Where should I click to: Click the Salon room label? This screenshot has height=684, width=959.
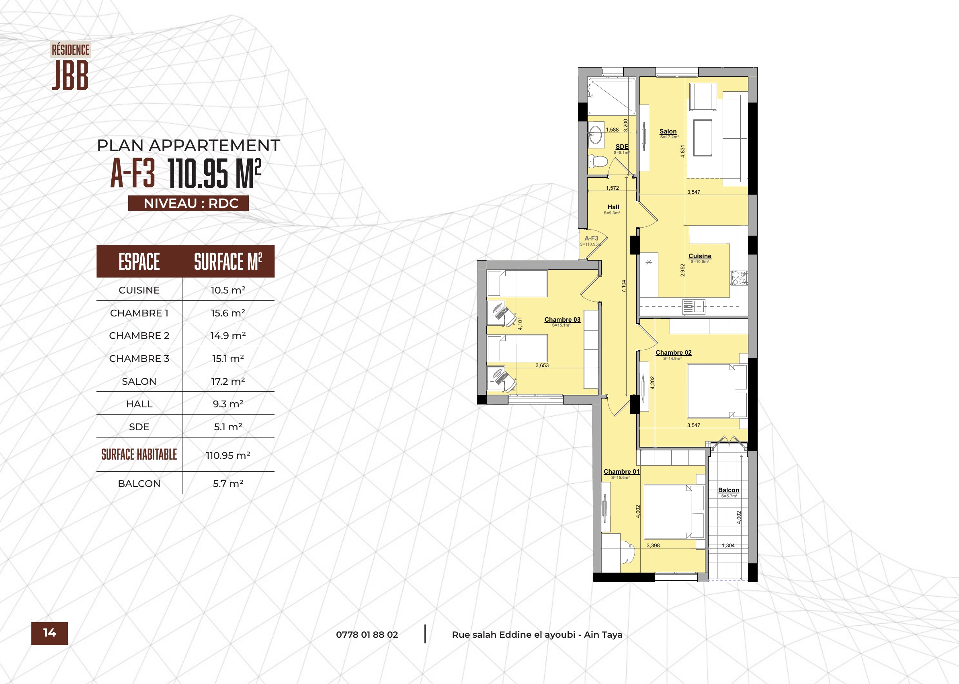668,131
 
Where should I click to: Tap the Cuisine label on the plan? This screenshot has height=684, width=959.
700,256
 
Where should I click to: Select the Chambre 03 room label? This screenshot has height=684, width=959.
562,320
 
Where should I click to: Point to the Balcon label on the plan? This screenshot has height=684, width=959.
729,490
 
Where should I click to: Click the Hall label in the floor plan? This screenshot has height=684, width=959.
613,207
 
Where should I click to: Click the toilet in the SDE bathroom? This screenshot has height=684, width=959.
598,161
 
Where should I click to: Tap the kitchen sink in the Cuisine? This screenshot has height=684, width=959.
693,306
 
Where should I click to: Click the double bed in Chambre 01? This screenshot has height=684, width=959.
674,512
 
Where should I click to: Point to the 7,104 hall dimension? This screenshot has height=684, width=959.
623,286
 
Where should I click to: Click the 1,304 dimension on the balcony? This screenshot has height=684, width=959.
728,545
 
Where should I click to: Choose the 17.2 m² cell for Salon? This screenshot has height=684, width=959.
228,381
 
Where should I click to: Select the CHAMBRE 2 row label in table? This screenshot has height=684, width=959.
139,336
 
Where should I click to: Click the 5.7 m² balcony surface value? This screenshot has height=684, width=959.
228,483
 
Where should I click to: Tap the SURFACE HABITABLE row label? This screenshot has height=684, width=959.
139,454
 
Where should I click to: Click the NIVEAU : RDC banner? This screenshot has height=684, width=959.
188,203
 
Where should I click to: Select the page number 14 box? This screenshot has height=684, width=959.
50,633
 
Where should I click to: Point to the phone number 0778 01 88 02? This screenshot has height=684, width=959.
367,635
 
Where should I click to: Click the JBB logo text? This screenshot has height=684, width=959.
70,75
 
